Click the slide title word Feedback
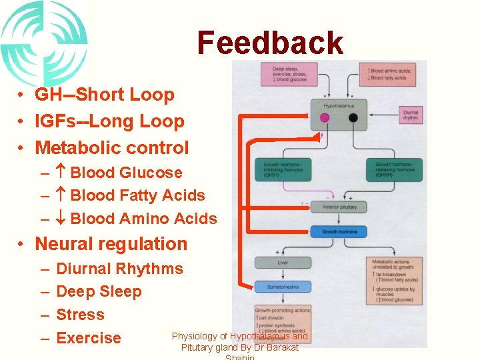(x=270, y=43)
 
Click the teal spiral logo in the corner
(x=41, y=41)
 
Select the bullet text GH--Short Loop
(x=104, y=95)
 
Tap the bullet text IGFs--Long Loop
(x=109, y=121)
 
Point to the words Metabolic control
(x=111, y=148)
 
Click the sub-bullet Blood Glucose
(x=125, y=173)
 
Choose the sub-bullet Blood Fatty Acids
(x=137, y=195)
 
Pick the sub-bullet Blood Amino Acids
(x=143, y=219)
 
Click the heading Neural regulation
(x=111, y=244)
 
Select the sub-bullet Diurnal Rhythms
(x=119, y=269)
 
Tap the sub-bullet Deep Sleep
(x=99, y=291)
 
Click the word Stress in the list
(x=80, y=315)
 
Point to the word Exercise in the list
(x=89, y=338)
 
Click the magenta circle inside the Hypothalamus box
(x=325, y=118)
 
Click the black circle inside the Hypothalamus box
(x=353, y=118)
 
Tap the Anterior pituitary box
(x=339, y=207)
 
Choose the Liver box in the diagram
(x=283, y=263)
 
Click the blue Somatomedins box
(x=283, y=287)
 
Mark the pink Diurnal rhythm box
(x=411, y=114)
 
